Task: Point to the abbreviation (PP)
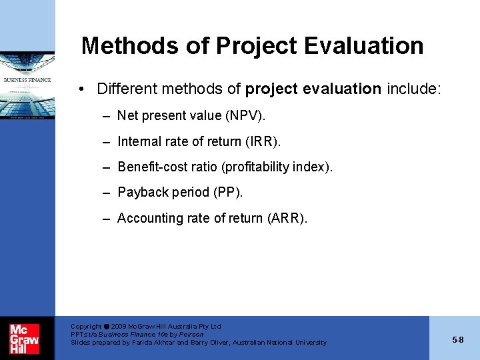coord(228,193)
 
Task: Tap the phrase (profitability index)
coord(278,167)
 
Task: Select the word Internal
coord(139,141)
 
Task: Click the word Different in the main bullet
coord(124,89)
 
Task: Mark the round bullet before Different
coord(80,89)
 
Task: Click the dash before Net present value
coord(107,116)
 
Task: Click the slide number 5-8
coord(457,340)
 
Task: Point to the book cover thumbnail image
coord(27,85)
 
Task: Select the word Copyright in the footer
coord(86,327)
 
